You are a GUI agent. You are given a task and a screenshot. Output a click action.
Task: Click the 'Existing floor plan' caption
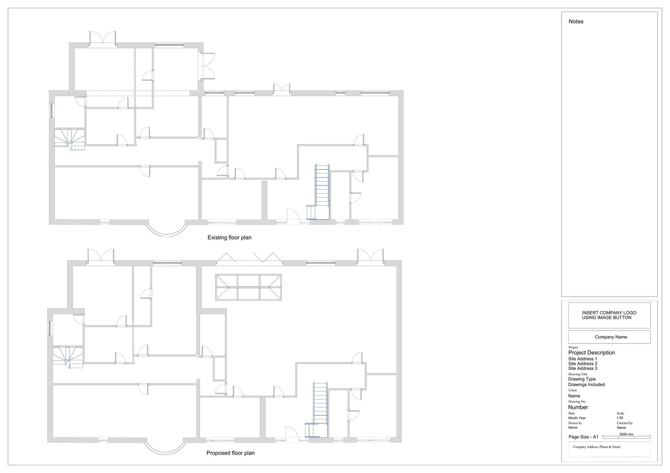coord(229,238)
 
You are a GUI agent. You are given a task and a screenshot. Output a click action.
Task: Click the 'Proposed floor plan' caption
coord(230,453)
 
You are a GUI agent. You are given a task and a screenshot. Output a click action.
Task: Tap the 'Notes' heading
coord(576,21)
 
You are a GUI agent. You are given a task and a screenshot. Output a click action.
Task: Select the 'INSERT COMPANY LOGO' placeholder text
coord(609,313)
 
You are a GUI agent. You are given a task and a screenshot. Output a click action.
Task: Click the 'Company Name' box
coord(609,337)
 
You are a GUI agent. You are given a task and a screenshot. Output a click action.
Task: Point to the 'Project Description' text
coord(591,353)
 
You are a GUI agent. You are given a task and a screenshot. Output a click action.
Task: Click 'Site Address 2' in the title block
coord(582,364)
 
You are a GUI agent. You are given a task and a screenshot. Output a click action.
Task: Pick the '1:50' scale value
coord(620,418)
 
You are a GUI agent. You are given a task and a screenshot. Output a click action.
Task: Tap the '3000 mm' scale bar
coord(626,436)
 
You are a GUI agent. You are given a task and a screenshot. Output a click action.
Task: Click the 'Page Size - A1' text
coord(583,437)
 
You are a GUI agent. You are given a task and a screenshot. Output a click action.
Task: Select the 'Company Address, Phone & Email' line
coord(596,447)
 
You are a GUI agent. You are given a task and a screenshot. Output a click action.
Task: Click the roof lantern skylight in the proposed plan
coord(249,287)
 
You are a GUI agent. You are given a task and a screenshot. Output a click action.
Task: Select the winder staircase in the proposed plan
coord(68,357)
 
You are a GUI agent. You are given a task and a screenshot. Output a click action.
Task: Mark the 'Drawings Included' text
coord(586,385)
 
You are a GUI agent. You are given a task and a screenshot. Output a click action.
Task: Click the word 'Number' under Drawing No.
coord(578,408)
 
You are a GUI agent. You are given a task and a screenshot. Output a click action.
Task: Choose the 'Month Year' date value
coord(577,418)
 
